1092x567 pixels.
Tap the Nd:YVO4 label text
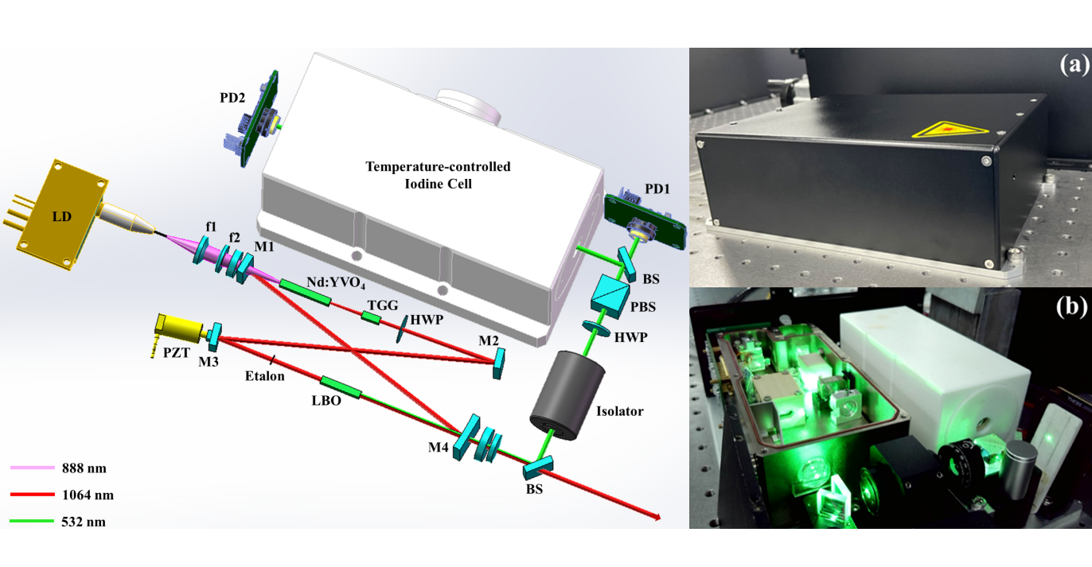coord(336,283)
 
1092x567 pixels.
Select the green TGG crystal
coord(371,317)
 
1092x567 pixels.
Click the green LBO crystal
coord(341,388)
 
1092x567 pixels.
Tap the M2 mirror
coord(498,363)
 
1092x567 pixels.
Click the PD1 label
coord(657,189)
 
